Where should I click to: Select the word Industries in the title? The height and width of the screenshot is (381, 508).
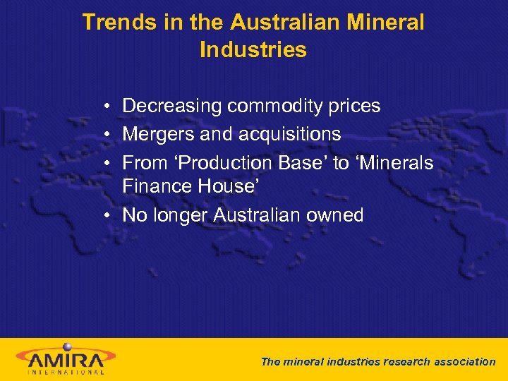253,50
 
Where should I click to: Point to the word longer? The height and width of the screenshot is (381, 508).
182,216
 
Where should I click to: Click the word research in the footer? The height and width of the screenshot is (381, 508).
406,362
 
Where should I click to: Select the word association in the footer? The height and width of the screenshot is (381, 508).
464,362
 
